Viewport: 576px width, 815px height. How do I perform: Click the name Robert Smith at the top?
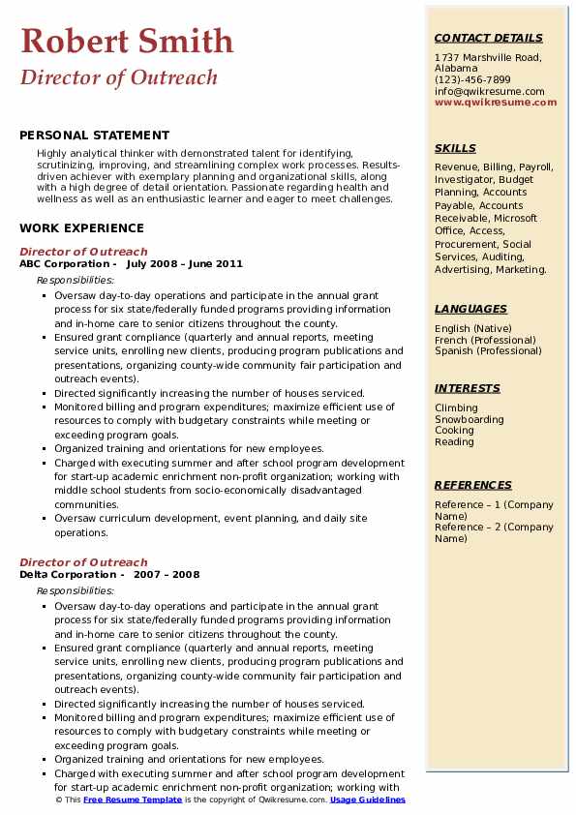pyautogui.click(x=127, y=41)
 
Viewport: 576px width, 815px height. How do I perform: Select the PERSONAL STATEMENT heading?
pyautogui.click(x=94, y=136)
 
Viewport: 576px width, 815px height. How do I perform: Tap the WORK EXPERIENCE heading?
pyautogui.click(x=81, y=228)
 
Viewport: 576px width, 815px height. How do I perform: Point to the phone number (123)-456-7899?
pyautogui.click(x=472, y=80)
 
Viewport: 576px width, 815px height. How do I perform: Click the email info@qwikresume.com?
pyautogui.click(x=489, y=91)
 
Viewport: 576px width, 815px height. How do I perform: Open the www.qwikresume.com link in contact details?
pyautogui.click(x=489, y=102)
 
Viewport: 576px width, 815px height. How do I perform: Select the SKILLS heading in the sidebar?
pyautogui.click(x=455, y=148)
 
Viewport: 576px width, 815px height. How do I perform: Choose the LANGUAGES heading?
pyautogui.click(x=470, y=309)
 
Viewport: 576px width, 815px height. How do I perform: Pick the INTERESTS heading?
pyautogui.click(x=468, y=388)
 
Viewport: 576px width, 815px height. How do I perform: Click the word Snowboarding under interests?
pyautogui.click(x=470, y=420)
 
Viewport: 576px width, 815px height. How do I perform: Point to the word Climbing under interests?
pyautogui.click(x=456, y=408)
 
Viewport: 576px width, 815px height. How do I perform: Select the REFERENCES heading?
pyautogui.click(x=473, y=485)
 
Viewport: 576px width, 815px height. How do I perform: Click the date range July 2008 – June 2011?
pyautogui.click(x=184, y=264)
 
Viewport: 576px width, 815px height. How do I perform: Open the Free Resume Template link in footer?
pyautogui.click(x=132, y=800)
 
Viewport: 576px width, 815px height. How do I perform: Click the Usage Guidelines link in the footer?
pyautogui.click(x=369, y=800)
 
